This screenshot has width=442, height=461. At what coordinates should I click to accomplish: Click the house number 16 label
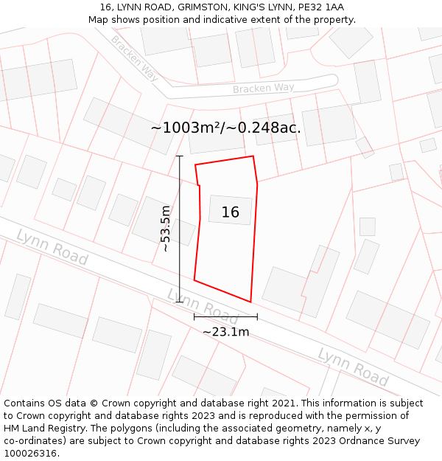pos(230,212)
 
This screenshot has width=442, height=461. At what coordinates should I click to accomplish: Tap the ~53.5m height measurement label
pos(166,229)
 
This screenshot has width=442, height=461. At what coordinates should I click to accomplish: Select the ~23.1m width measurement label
pos(225,331)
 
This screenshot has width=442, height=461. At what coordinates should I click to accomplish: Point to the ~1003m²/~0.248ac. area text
pos(225,128)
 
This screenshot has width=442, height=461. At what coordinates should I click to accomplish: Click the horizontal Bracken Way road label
pos(263,89)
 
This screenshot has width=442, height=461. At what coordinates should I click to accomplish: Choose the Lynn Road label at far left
pos(52,247)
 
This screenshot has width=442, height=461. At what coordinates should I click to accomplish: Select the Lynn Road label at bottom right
pos(353,366)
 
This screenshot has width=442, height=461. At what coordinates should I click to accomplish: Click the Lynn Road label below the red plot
pos(203,305)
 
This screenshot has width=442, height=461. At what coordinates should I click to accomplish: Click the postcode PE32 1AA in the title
pos(320,7)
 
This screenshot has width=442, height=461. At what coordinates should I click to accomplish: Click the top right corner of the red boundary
pos(253,156)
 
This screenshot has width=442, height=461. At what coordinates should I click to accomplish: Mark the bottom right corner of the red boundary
pos(251,302)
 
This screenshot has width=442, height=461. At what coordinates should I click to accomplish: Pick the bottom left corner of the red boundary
pos(194,280)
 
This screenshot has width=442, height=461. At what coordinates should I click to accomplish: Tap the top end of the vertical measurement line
pos(180,156)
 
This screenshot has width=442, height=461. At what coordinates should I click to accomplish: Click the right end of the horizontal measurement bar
pos(257,317)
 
